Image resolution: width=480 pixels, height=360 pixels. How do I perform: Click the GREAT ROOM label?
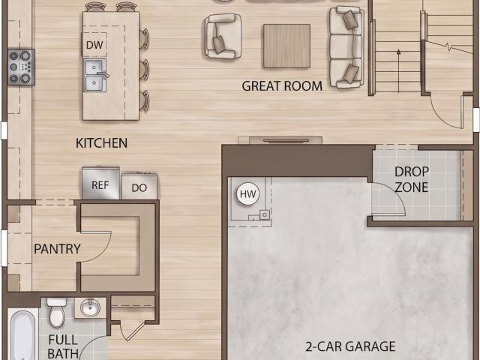pyautogui.click(x=282, y=86)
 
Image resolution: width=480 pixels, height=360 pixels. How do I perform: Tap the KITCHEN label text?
pyautogui.click(x=102, y=143)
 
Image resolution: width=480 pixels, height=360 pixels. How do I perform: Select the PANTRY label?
pyautogui.click(x=57, y=249)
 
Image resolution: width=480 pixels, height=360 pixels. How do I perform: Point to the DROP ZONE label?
pyautogui.click(x=412, y=179)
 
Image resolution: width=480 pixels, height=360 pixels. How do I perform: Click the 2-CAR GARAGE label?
pyautogui.click(x=350, y=346)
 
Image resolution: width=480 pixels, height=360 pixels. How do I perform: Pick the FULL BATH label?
pyautogui.click(x=63, y=346)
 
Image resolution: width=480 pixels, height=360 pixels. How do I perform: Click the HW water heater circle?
pyautogui.click(x=247, y=194)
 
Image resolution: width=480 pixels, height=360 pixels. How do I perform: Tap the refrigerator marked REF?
pyautogui.click(x=100, y=183)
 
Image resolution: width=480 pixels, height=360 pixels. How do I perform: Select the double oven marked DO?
pyautogui.click(x=139, y=187)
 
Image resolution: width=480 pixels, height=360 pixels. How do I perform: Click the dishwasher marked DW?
pyautogui.click(x=94, y=45)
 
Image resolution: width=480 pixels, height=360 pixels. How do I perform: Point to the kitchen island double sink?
pyautogui.click(x=95, y=75)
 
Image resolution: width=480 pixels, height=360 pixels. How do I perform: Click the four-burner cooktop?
pyautogui.click(x=21, y=67)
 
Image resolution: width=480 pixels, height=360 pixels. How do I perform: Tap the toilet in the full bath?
pyautogui.click(x=57, y=312)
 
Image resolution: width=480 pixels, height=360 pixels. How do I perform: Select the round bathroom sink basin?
pyautogui.click(x=90, y=307)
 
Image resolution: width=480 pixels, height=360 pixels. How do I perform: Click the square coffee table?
pyautogui.click(x=286, y=46)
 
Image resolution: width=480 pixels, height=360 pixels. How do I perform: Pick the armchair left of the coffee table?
pyautogui.click(x=223, y=36)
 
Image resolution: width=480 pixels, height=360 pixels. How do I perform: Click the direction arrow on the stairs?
pyautogui.click(x=398, y=70)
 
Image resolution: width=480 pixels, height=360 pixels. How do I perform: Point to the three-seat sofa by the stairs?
pyautogui.click(x=346, y=46)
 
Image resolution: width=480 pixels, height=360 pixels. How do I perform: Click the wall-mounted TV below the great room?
pyautogui.click(x=286, y=141)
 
